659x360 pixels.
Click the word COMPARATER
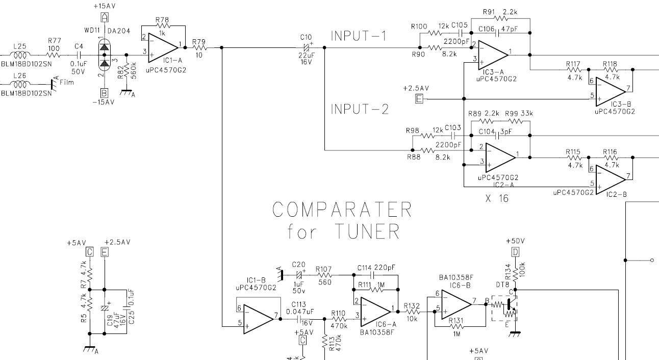pyautogui.click(x=342, y=210)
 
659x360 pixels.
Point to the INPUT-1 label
pyautogui.click(x=359, y=36)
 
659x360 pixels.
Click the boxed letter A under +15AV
pyautogui.click(x=105, y=17)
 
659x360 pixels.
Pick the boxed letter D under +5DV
pyautogui.click(x=515, y=251)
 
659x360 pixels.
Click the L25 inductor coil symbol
pyautogui.click(x=21, y=55)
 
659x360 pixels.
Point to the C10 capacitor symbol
pyautogui.click(x=306, y=47)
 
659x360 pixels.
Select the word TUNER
pyautogui.click(x=367, y=232)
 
